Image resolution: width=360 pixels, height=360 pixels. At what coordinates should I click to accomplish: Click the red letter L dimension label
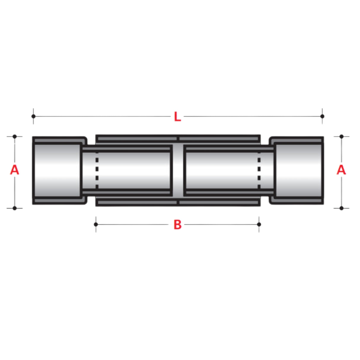pyautogui.click(x=177, y=117)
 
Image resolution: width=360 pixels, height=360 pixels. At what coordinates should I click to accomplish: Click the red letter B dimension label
pyautogui.click(x=177, y=225)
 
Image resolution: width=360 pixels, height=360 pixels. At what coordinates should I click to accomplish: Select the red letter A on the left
pyautogui.click(x=15, y=170)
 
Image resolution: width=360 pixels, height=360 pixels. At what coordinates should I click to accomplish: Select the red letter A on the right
pyautogui.click(x=341, y=170)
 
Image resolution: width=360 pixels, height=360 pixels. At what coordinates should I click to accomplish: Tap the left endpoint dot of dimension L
pyautogui.click(x=34, y=116)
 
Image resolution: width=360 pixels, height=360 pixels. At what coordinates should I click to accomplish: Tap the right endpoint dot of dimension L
pyautogui.click(x=322, y=116)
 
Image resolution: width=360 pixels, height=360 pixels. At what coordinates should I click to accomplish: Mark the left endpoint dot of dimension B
pyautogui.click(x=96, y=224)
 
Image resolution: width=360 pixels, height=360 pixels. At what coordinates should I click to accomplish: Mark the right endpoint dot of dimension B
pyautogui.click(x=259, y=224)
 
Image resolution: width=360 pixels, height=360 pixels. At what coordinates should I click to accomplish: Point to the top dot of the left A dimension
pyautogui.click(x=15, y=136)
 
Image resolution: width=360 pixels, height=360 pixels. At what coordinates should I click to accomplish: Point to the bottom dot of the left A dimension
pyautogui.click(x=15, y=208)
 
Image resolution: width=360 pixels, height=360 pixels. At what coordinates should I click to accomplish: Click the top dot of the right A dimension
pyautogui.click(x=341, y=136)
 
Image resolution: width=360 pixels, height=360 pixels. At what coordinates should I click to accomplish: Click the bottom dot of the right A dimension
pyautogui.click(x=341, y=208)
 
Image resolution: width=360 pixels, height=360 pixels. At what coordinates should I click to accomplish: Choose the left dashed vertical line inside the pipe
pyautogui.click(x=97, y=170)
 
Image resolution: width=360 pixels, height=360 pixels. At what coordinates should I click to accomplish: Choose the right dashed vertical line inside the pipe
pyautogui.click(x=259, y=170)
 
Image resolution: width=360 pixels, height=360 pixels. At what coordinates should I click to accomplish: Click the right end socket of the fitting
pyautogui.click(x=298, y=170)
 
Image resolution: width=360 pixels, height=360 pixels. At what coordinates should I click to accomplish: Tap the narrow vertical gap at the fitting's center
pyautogui.click(x=178, y=170)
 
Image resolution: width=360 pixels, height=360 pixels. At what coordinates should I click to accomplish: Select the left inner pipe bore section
pyautogui.click(x=133, y=170)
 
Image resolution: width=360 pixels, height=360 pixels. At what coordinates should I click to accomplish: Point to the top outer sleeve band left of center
pyautogui.click(x=136, y=138)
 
